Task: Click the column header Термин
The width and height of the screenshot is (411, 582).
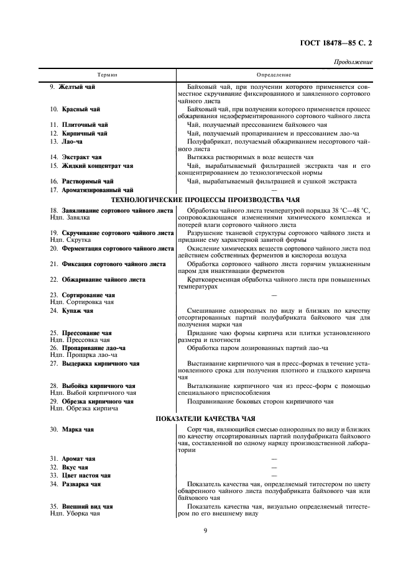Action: [108, 75]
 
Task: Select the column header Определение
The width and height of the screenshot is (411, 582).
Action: [274, 75]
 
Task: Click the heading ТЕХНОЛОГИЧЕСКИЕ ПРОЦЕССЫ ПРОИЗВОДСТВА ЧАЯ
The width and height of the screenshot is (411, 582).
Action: [205, 200]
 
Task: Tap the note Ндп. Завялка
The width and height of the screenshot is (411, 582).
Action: [70, 218]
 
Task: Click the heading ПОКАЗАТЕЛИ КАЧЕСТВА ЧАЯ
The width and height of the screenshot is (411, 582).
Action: [205, 418]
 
